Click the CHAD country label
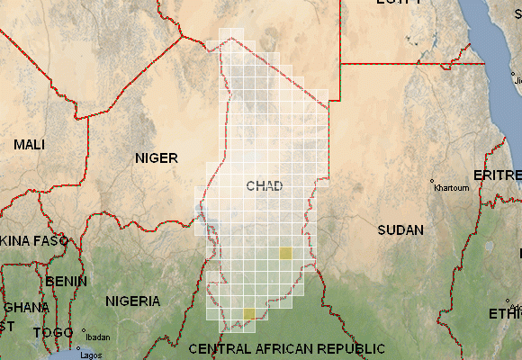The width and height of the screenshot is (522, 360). [264, 186]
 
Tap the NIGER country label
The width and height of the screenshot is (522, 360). [157, 158]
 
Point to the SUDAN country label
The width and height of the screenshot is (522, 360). [400, 230]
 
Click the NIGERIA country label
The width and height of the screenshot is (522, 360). [132, 301]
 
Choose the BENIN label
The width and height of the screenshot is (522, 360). [67, 281]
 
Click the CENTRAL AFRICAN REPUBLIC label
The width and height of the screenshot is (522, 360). [287, 348]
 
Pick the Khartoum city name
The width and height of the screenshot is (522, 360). [451, 189]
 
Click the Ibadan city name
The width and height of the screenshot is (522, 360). [97, 337]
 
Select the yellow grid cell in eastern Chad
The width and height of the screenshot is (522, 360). [285, 254]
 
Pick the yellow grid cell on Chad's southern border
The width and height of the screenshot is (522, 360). [248, 313]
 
